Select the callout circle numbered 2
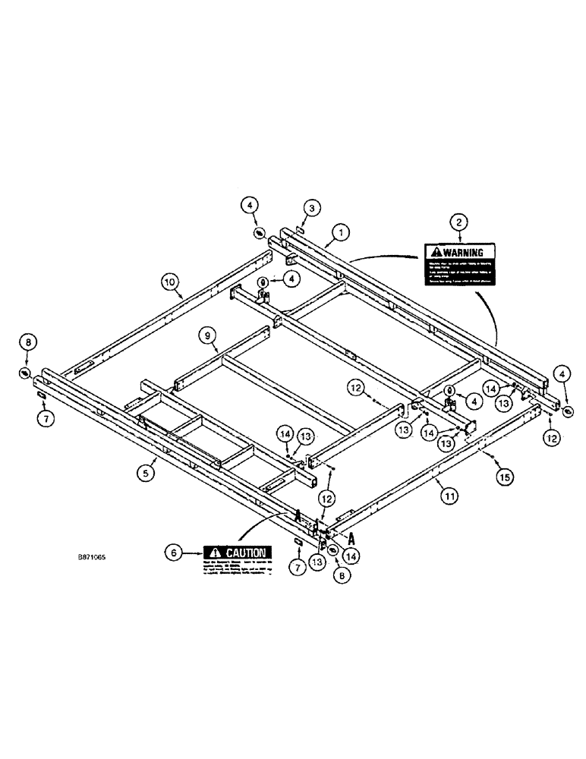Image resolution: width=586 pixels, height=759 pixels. [x=458, y=222]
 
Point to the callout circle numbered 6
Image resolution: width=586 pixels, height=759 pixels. [x=173, y=554]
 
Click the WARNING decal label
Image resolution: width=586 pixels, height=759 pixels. [x=458, y=264]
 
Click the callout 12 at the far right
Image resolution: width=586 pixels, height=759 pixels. [x=551, y=437]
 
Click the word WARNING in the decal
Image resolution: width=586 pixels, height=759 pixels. [x=464, y=252]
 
